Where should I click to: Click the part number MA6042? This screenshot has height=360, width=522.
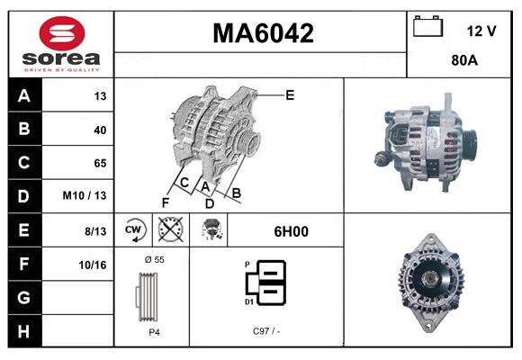coord(262,33)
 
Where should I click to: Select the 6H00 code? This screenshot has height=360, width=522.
coord(291,231)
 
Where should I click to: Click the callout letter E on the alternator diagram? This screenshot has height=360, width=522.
coord(290,94)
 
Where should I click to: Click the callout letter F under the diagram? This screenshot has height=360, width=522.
coord(165,202)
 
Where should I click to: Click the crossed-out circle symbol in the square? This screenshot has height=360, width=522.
coord(169,230)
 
